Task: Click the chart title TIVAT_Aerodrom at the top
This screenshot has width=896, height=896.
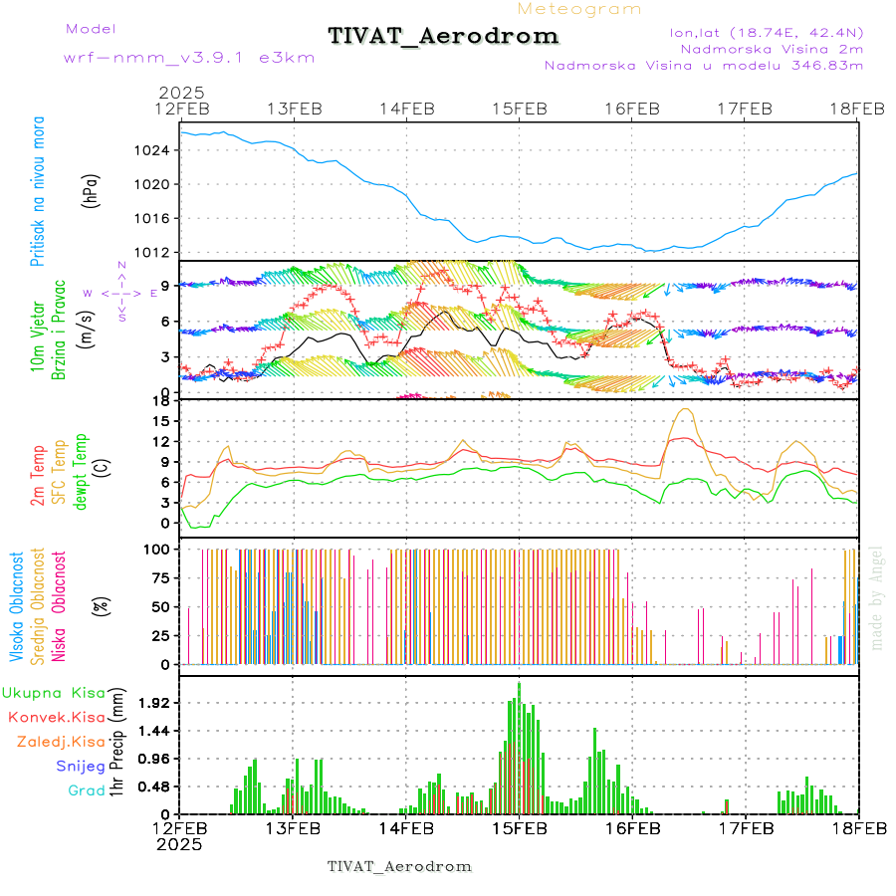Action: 443,37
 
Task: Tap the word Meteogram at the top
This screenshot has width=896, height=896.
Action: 579,9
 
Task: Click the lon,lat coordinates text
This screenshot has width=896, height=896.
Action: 766,33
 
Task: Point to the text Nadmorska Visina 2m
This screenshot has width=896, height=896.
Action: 772,48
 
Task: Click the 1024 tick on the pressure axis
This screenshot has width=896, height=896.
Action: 155,151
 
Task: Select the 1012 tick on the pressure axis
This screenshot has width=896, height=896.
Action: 155,252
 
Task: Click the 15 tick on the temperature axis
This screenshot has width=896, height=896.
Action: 159,421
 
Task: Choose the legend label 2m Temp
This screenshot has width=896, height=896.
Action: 38,476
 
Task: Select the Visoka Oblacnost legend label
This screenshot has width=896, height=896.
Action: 17,608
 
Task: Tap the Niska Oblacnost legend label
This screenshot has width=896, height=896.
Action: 60,608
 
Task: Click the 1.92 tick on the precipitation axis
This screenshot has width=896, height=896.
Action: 155,703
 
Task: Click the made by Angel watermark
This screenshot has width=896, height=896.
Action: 877,597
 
